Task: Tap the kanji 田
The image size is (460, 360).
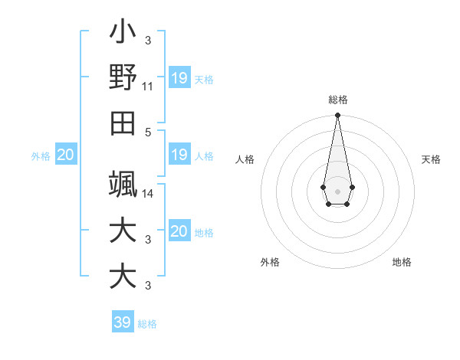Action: [123, 123]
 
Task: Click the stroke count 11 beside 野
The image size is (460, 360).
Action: [148, 87]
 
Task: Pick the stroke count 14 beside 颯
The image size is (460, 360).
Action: [148, 194]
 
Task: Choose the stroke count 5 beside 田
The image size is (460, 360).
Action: [148, 131]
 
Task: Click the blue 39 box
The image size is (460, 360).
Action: [122, 322]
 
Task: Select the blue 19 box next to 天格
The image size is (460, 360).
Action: [179, 77]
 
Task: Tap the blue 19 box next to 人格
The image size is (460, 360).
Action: [179, 155]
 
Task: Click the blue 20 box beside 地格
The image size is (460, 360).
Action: [179, 231]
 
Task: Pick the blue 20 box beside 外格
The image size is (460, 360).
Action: [66, 155]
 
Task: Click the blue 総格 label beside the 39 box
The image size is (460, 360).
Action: [147, 323]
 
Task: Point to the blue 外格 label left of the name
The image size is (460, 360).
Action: [41, 155]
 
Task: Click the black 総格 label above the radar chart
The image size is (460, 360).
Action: [337, 100]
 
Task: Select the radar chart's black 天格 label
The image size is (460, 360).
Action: [431, 159]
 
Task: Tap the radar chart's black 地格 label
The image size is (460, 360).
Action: [402, 262]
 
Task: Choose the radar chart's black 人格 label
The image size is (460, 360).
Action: [245, 159]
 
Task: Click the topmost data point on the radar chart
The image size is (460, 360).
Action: [337, 116]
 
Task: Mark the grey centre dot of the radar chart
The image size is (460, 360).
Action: [337, 190]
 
